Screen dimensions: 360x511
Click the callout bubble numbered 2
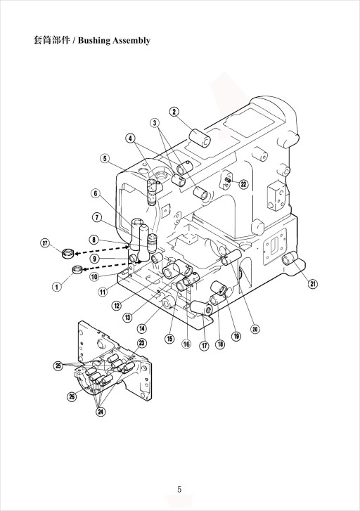[x=174, y=112]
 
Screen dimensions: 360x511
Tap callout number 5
[x=104, y=158]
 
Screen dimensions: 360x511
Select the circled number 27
[x=45, y=243]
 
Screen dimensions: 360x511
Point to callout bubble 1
[x=57, y=287]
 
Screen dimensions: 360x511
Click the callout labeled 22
[x=243, y=184]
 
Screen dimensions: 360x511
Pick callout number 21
[x=313, y=284]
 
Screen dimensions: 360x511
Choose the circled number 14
[x=142, y=328]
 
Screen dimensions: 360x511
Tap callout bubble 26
[x=72, y=396]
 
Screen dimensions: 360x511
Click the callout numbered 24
[x=101, y=412]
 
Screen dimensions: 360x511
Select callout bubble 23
[x=142, y=343]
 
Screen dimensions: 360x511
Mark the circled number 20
[x=255, y=329]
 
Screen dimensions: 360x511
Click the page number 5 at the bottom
[x=179, y=489]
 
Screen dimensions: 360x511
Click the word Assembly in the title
[x=131, y=41]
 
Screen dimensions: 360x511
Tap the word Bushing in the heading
[x=94, y=41]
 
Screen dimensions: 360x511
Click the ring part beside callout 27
[x=68, y=253]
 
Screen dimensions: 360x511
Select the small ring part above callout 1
[x=77, y=269]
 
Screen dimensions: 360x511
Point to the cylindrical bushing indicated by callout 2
[x=200, y=138]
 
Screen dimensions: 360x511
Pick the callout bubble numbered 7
[x=97, y=217]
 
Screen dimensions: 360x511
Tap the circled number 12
[x=117, y=305]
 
